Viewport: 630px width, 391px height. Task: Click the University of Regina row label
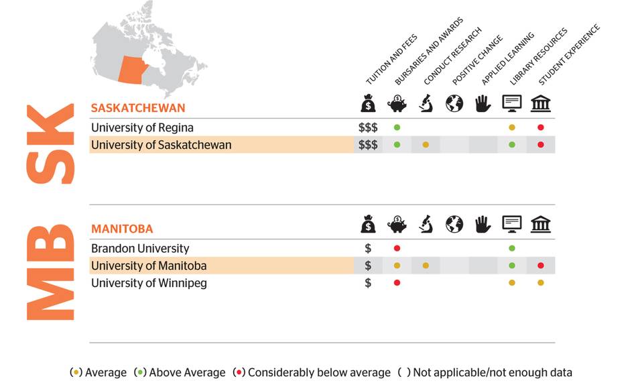(142, 127)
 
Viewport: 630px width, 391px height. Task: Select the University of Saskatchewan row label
(161, 145)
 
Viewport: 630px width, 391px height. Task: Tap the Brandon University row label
(140, 249)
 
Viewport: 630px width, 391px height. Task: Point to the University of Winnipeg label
(149, 283)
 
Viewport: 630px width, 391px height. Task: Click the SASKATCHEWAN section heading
(138, 108)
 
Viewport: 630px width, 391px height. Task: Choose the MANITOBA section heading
(122, 229)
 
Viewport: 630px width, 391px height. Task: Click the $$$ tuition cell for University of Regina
(368, 127)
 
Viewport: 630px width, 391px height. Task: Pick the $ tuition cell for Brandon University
(368, 249)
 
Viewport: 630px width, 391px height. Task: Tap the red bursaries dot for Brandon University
(397, 249)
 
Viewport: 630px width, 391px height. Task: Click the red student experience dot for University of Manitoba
(540, 266)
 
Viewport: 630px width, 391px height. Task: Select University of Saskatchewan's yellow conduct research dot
(426, 145)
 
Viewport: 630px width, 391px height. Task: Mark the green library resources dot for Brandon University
(512, 249)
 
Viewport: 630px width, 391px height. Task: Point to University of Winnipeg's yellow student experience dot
(540, 283)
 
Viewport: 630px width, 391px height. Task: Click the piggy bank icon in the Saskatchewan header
(397, 104)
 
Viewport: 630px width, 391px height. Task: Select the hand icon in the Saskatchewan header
(483, 104)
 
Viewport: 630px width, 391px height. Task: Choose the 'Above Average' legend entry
(181, 372)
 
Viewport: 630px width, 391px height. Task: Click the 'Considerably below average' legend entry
(312, 372)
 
